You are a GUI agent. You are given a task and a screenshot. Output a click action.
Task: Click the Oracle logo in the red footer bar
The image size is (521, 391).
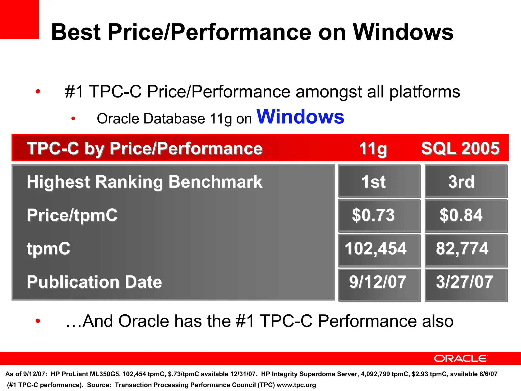(x=460, y=358)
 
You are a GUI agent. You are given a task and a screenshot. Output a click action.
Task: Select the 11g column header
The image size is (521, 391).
(x=373, y=148)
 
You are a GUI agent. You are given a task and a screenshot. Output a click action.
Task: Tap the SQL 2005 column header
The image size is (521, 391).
(x=460, y=148)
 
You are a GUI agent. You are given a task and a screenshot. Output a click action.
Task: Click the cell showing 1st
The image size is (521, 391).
(x=379, y=181)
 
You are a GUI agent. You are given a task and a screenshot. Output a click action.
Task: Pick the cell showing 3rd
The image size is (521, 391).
(x=466, y=181)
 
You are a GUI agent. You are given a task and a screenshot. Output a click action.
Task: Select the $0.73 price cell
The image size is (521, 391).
(x=379, y=215)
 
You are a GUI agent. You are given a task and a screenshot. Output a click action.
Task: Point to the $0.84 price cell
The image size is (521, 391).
(x=466, y=215)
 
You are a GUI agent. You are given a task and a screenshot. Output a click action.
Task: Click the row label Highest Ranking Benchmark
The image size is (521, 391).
(x=144, y=182)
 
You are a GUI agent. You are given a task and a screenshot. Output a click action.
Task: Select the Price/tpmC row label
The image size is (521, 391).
(x=72, y=215)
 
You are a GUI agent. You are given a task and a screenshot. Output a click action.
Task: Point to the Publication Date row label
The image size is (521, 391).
(x=94, y=282)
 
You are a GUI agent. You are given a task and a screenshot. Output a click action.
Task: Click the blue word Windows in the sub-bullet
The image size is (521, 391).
(x=300, y=117)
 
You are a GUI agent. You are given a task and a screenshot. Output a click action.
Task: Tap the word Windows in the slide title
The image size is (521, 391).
(x=403, y=32)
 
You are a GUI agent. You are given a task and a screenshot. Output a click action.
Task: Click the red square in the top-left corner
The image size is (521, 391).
(x=19, y=19)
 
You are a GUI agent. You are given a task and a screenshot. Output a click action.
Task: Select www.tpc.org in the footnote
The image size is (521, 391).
(x=296, y=385)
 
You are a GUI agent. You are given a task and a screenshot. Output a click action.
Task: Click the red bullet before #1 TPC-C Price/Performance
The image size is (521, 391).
(x=38, y=91)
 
